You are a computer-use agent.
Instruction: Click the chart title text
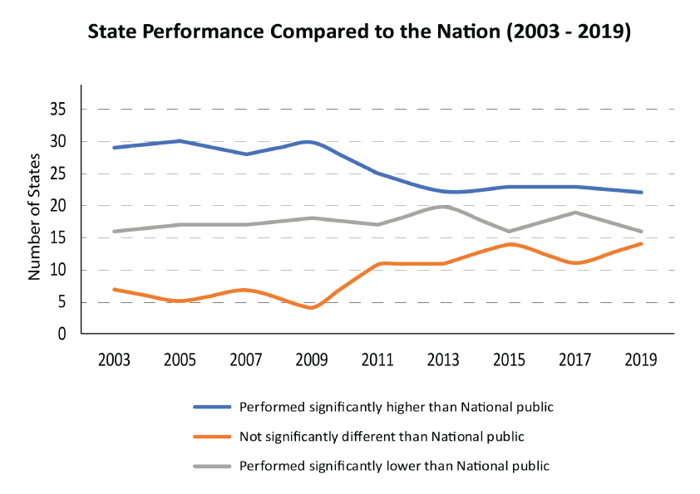(359, 34)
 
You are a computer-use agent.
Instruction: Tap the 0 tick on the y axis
(62, 334)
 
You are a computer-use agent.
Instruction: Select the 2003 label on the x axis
(113, 360)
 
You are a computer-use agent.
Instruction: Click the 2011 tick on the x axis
(377, 360)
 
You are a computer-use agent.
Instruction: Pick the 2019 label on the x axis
(642, 360)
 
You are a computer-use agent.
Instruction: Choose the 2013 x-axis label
(443, 360)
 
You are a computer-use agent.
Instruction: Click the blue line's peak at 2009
(311, 141)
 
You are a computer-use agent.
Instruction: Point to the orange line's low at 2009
(311, 308)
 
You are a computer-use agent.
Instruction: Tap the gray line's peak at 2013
(443, 205)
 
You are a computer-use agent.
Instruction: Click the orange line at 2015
(510, 244)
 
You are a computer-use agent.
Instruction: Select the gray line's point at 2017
(575, 212)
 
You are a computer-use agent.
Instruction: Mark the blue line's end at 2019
(642, 193)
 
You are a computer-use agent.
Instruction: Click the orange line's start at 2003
(113, 289)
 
